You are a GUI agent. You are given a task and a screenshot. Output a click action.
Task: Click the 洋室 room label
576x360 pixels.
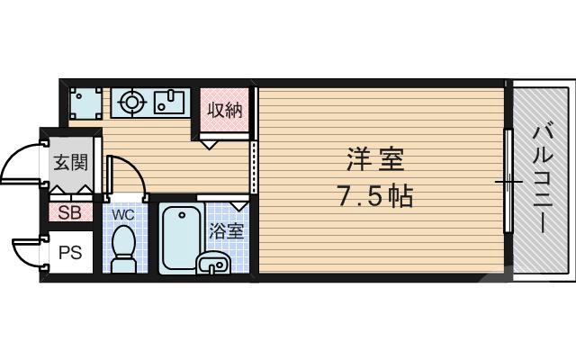(x=376, y=160)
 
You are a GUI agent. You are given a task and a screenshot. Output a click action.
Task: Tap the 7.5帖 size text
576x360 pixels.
(x=376, y=196)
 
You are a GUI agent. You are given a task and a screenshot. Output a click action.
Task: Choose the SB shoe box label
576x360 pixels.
(x=69, y=213)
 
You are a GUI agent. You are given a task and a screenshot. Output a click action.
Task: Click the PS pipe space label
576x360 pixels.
(x=70, y=253)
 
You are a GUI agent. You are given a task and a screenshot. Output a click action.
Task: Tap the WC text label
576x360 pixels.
(x=122, y=215)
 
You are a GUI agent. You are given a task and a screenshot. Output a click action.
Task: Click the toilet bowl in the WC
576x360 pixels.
(x=122, y=247)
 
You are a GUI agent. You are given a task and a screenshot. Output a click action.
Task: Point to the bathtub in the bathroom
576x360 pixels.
(x=181, y=238)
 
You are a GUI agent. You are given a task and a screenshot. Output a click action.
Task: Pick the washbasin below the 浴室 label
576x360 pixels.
(x=213, y=263)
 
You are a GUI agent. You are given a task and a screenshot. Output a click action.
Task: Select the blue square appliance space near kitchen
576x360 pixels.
(x=85, y=103)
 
